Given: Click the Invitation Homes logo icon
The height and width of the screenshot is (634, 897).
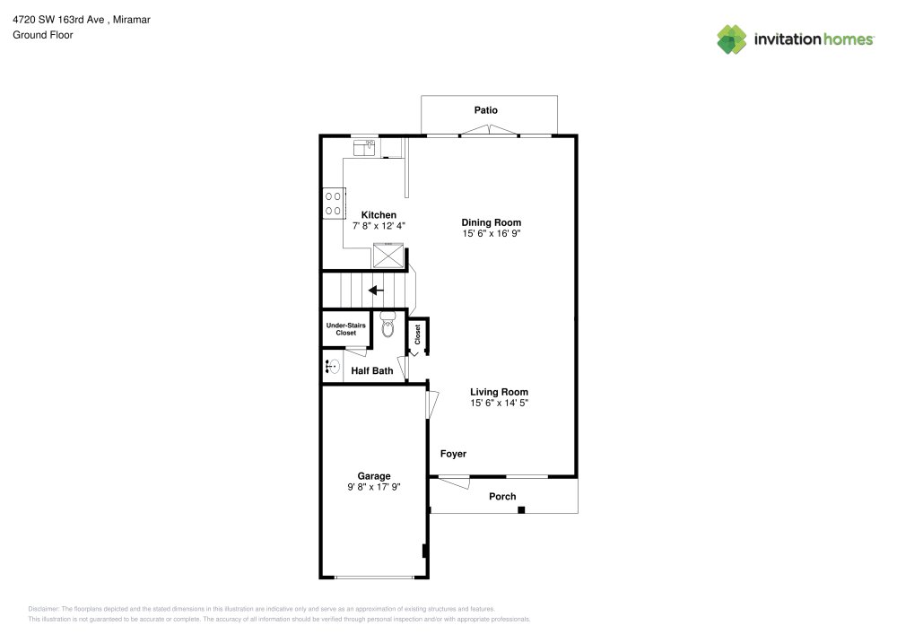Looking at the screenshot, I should click(x=732, y=39).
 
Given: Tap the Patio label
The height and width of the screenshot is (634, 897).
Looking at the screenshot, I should click(x=485, y=110).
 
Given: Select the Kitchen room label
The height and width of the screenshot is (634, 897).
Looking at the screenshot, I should click(x=379, y=215).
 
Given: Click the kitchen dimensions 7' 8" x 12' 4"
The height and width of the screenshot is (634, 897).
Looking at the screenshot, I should click(x=379, y=226).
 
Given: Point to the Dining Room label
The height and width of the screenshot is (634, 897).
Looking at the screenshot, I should click(x=491, y=222).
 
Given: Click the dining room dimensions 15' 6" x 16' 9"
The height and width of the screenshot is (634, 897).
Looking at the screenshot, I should click(x=491, y=233).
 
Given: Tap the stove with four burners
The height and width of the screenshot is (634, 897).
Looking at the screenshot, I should click(x=333, y=203).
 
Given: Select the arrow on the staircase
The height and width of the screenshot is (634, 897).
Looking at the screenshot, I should click(x=376, y=290).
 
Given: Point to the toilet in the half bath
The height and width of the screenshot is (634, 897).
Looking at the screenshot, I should click(x=388, y=326).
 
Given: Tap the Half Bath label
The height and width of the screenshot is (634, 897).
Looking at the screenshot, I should click(x=371, y=370).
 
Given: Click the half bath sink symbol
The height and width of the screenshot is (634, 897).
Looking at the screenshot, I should click(x=331, y=366).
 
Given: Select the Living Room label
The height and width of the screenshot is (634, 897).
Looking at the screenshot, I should click(x=499, y=392).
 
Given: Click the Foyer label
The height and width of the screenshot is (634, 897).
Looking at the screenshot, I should click(x=453, y=454).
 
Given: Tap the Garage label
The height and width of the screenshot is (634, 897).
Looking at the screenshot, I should click(x=374, y=476).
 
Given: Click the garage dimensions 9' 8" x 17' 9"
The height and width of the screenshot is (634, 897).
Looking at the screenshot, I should click(x=374, y=487).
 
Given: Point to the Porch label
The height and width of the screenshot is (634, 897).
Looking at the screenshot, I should click(x=502, y=497).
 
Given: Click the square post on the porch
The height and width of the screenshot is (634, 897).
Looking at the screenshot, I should click(x=521, y=510).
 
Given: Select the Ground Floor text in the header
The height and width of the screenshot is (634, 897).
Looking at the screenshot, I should click(x=43, y=35).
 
